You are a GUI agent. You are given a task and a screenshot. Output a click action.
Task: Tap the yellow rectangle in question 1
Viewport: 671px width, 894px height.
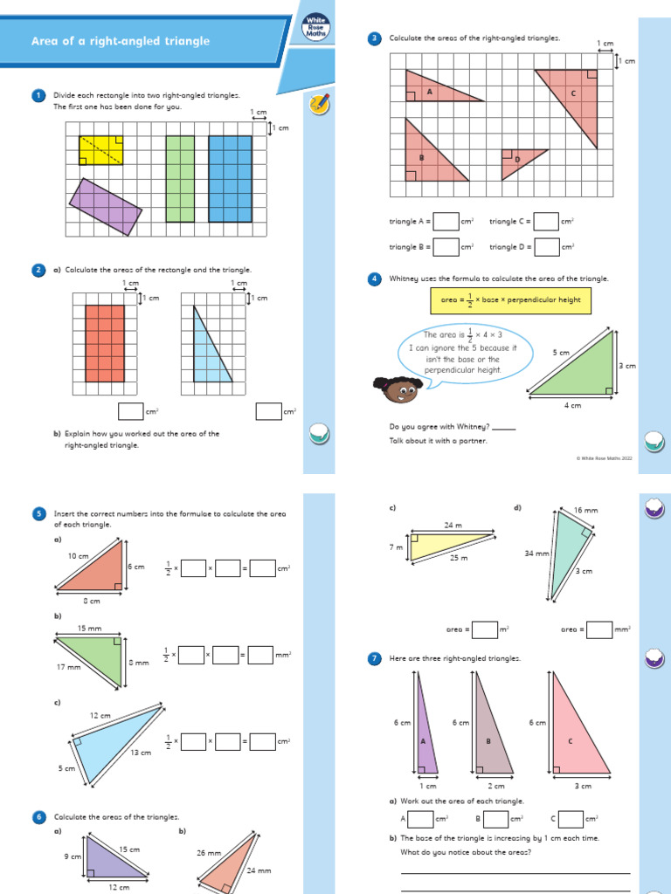point(101,150)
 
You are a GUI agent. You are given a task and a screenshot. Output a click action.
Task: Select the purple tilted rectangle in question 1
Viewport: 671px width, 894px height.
point(106,207)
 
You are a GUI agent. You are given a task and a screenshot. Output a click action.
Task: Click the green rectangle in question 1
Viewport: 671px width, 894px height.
point(179,178)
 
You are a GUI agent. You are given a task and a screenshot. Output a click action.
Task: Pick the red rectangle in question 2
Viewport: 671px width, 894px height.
point(105,342)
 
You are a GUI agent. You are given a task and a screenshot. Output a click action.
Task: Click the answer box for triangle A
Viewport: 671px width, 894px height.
point(446,222)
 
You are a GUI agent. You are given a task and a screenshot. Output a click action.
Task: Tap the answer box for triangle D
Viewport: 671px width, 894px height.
point(547,247)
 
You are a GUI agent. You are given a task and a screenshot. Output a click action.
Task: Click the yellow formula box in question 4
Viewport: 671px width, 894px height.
point(510,301)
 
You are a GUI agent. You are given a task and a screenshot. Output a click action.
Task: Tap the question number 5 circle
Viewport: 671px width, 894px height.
point(38,514)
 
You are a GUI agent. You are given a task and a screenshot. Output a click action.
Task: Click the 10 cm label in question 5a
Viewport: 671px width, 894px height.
point(78,555)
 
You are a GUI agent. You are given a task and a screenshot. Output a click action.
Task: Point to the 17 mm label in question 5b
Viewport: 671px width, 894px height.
point(68,667)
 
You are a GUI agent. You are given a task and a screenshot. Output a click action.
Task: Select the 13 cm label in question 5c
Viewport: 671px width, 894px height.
point(139,752)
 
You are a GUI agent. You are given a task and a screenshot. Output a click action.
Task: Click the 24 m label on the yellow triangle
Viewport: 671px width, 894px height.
point(453,526)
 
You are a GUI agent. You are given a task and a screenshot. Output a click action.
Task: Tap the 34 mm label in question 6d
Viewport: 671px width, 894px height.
point(536,553)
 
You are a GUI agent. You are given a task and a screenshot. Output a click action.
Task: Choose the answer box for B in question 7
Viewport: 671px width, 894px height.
point(496,818)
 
